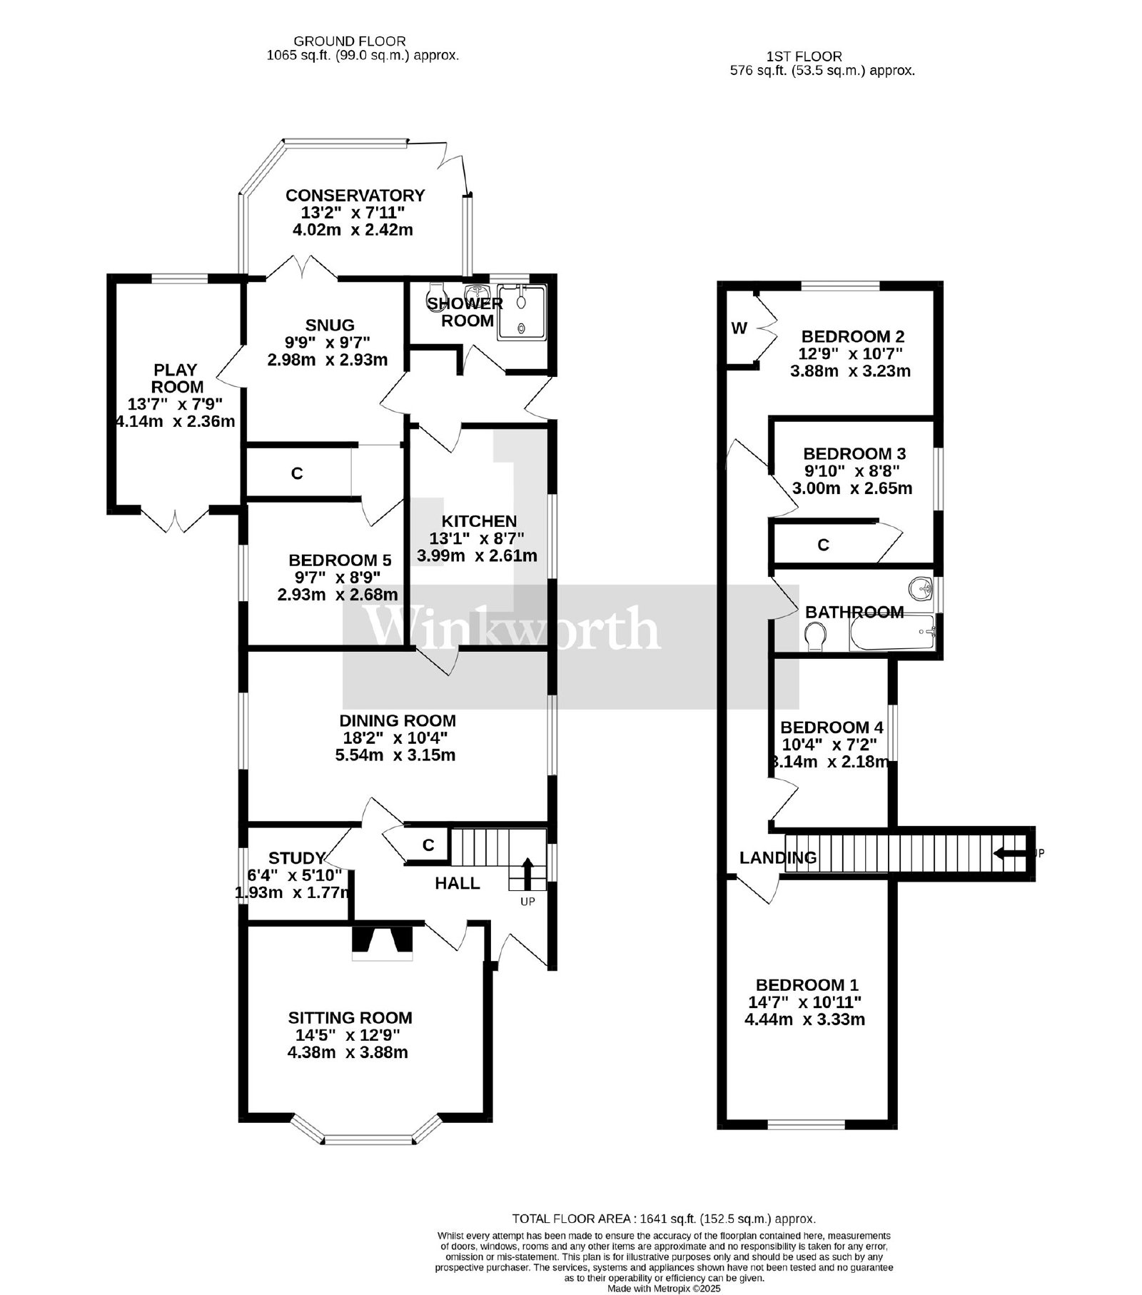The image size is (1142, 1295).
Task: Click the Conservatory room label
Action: pos(355,196)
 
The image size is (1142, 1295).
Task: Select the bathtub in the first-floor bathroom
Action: pos(891,632)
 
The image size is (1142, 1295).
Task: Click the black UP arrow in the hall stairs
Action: pos(527,872)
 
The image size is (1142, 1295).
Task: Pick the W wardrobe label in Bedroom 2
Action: pos(739,328)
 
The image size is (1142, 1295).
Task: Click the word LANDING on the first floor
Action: pos(778,857)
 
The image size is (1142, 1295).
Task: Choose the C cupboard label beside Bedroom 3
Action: pos(823,545)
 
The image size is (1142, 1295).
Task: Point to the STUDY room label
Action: pos(297,857)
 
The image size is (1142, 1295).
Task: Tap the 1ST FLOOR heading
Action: pos(804,56)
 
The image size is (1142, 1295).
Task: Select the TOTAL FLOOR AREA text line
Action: pos(664,1219)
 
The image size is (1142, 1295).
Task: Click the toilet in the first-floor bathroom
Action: pos(815,635)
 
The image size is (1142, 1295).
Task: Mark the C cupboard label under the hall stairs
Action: pos(428,845)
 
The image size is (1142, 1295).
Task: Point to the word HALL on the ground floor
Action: pos(458,884)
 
